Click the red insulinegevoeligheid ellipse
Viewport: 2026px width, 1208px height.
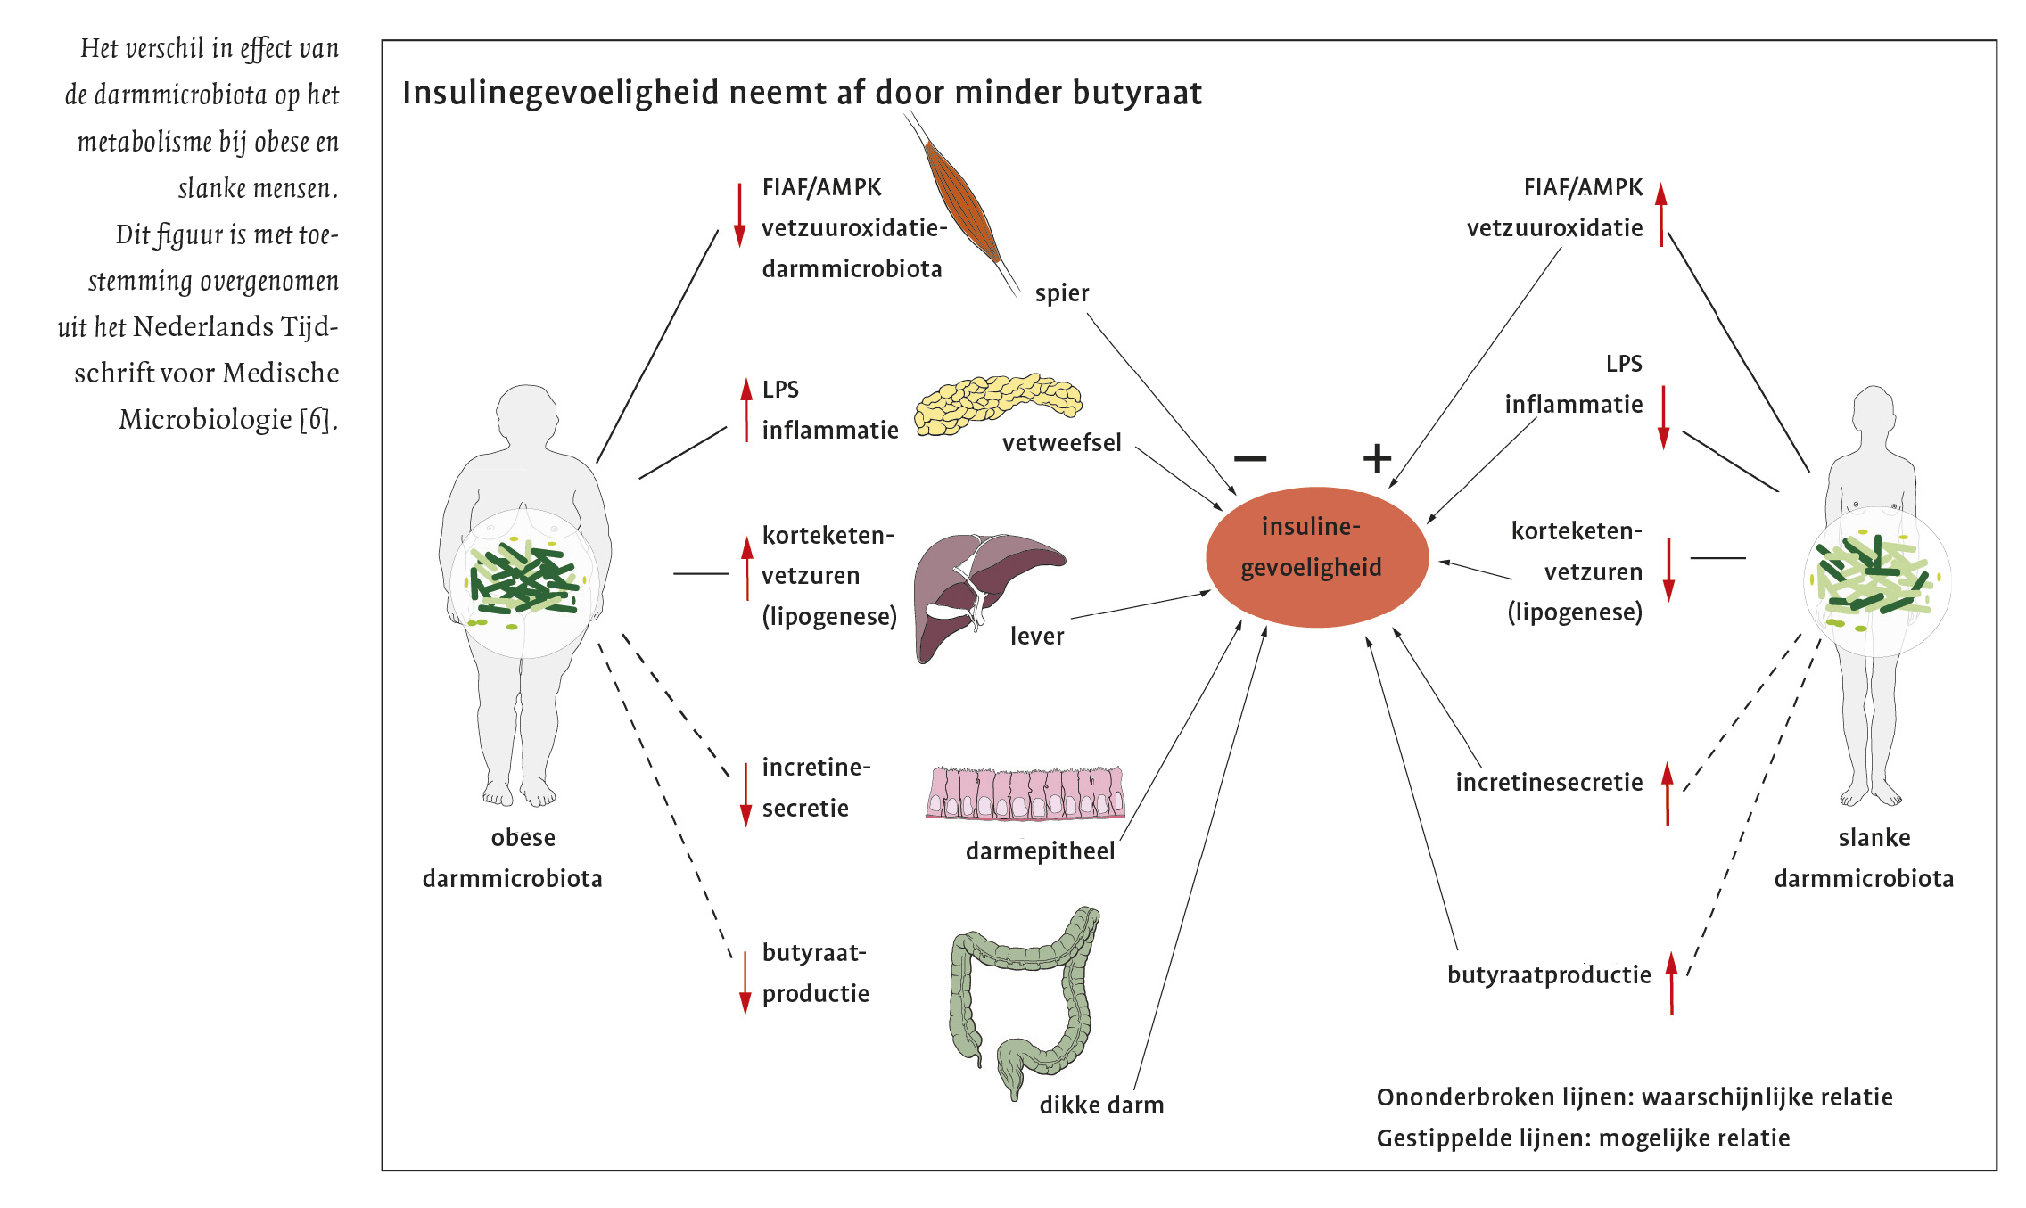(x=1316, y=557)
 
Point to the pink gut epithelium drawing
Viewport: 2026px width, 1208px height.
(x=1025, y=793)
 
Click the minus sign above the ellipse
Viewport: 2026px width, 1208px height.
(x=1249, y=458)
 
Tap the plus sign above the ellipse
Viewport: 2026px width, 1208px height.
(x=1377, y=458)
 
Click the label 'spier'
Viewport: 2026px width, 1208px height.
(x=1061, y=293)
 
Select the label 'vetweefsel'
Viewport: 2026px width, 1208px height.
(x=1061, y=443)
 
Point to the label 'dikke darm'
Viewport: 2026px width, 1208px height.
(x=1101, y=1105)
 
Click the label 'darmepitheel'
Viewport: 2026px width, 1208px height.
(x=1040, y=851)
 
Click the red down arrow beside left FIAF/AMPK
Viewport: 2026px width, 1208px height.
(x=739, y=215)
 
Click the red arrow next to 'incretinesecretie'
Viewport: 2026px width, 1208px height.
(x=1667, y=793)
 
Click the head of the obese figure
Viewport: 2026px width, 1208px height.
(x=525, y=415)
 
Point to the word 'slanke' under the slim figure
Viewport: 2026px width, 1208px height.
(x=1874, y=838)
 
